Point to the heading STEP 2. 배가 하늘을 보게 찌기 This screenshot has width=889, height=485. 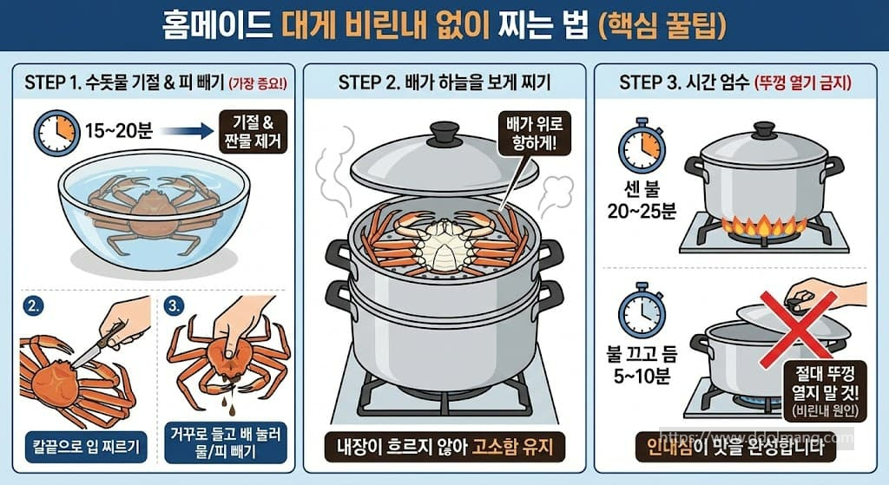coord(444,82)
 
